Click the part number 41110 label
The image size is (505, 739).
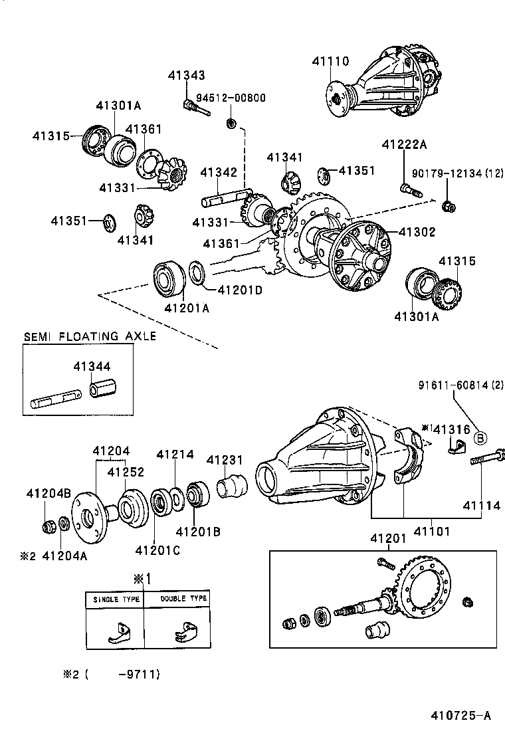click(330, 61)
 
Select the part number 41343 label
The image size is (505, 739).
click(186, 76)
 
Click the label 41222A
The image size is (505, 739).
click(403, 145)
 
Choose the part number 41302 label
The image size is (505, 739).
click(417, 232)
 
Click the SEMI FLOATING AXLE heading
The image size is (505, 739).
click(90, 336)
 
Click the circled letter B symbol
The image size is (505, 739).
click(480, 437)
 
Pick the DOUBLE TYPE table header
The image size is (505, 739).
click(183, 598)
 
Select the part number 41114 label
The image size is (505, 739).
click(482, 506)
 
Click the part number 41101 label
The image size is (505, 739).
click(433, 531)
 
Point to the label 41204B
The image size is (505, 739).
click(49, 493)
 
